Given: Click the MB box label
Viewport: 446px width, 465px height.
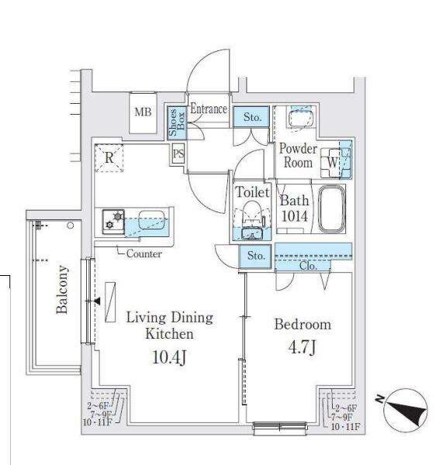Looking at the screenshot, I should click(x=143, y=112).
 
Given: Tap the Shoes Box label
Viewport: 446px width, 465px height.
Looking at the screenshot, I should click(x=175, y=122).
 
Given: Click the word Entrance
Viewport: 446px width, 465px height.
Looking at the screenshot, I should click(x=208, y=110).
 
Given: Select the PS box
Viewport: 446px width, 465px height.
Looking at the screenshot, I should click(x=178, y=153).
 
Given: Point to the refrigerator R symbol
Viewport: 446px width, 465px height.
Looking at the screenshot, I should click(x=109, y=157).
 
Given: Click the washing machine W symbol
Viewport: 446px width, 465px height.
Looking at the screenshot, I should click(x=332, y=163).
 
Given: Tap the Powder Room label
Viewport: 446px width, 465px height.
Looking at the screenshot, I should click(x=297, y=156).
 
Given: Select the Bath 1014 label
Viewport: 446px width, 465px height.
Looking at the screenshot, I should click(x=295, y=208).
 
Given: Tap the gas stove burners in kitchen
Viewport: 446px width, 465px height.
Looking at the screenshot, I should click(x=113, y=222).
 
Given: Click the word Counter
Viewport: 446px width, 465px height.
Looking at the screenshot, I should click(x=143, y=253).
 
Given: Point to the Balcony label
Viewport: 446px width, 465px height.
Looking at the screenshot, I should click(x=62, y=290).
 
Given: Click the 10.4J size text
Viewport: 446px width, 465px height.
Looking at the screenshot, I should click(x=169, y=357).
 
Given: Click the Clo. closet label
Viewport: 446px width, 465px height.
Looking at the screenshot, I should click(x=307, y=265).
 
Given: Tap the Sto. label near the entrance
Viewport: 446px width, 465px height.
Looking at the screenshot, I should click(x=253, y=118).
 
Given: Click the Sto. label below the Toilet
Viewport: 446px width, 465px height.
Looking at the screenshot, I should click(x=256, y=256).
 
